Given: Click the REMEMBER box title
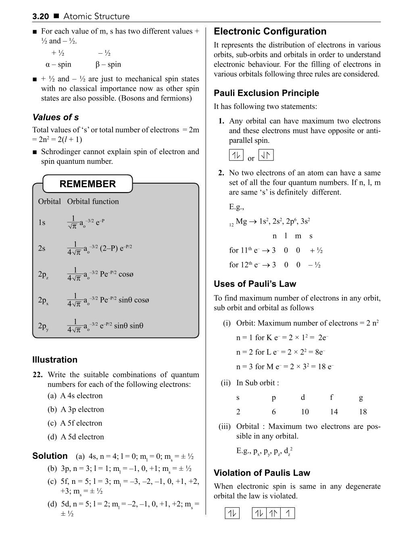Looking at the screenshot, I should (88, 184).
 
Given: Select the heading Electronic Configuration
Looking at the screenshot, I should (270, 31).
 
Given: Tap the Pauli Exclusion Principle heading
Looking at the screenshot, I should (266, 93).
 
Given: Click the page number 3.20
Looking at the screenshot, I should (40, 17).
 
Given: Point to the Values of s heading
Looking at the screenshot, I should (55, 117).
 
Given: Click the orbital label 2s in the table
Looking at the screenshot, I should (42, 248).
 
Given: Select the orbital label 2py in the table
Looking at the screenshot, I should (43, 326).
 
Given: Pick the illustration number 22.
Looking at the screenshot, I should (38, 375).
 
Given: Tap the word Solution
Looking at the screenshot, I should (50, 456).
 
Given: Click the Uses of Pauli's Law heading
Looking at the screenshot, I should (254, 284).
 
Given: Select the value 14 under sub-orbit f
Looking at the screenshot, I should (334, 412).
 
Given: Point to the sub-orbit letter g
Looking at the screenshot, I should (361, 398).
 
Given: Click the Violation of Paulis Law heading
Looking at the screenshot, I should (262, 473).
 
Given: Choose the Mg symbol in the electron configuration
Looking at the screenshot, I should (241, 222).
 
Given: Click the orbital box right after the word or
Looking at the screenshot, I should (266, 155).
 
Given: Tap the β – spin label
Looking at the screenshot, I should (108, 65).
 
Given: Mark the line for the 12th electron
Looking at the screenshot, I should (275, 265).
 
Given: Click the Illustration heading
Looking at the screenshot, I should (54, 360).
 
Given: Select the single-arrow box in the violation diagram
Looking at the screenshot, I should (288, 513).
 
